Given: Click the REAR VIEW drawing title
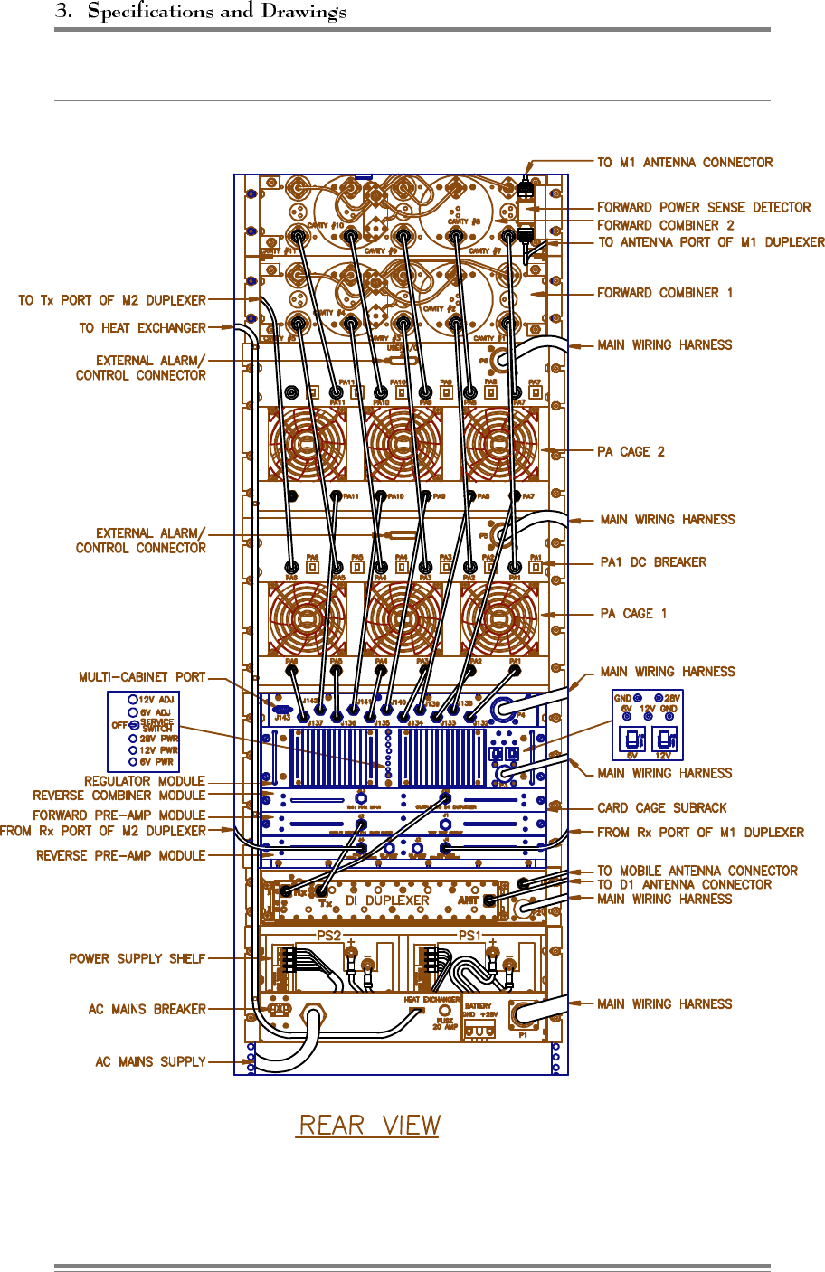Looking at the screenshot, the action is [369, 1126].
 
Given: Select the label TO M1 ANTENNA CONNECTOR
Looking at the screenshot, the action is [685, 163].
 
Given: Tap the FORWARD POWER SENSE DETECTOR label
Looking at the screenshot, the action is [704, 207].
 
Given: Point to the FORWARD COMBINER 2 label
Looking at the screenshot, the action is [665, 225].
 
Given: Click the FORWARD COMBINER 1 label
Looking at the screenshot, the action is [665, 293].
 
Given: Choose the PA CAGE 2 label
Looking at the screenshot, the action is [631, 452].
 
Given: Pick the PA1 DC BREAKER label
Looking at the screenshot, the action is [653, 562].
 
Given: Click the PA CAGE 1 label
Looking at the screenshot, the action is [633, 614].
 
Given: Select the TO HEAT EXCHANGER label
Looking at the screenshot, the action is [142, 328].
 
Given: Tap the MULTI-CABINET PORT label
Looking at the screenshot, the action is [142, 677].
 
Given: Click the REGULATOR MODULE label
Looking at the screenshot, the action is [145, 781].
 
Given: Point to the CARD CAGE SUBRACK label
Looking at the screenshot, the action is [662, 808].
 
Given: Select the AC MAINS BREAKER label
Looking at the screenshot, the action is [147, 1009].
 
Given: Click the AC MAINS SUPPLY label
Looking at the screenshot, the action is [150, 1061].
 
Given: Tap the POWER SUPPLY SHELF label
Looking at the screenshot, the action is [137, 958].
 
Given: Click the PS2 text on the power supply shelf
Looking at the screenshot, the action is [328, 936].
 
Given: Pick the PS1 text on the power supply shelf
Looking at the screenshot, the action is [469, 936].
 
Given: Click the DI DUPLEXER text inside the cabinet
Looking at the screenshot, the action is [387, 900].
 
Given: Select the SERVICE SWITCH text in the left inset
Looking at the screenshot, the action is [156, 725].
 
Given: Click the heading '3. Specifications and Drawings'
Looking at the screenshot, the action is [200, 12].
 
